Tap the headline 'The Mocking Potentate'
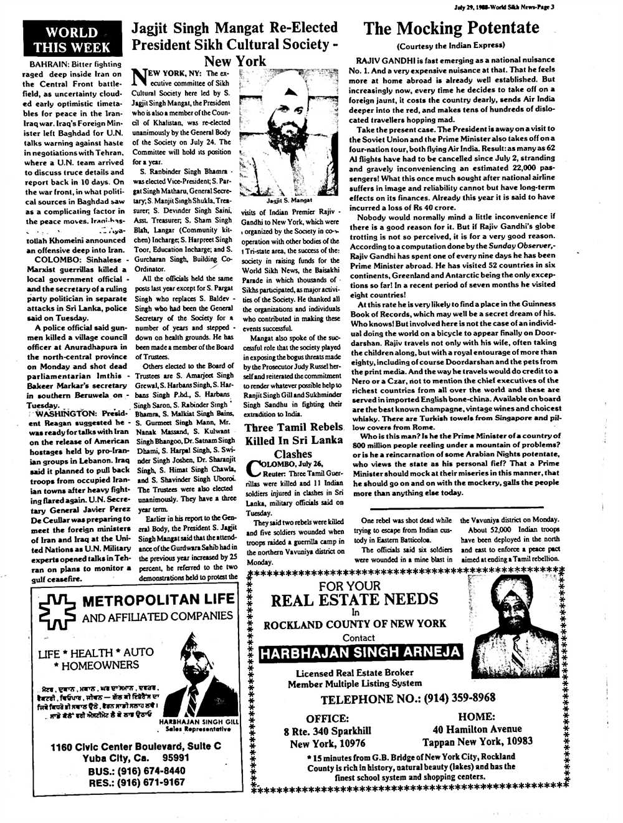pos(451,28)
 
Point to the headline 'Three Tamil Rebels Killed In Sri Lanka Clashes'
pos(293,440)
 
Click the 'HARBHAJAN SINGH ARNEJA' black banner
pos(361,653)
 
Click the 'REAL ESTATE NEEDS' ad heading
pos(354,600)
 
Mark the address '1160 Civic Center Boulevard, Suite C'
pos(136,746)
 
